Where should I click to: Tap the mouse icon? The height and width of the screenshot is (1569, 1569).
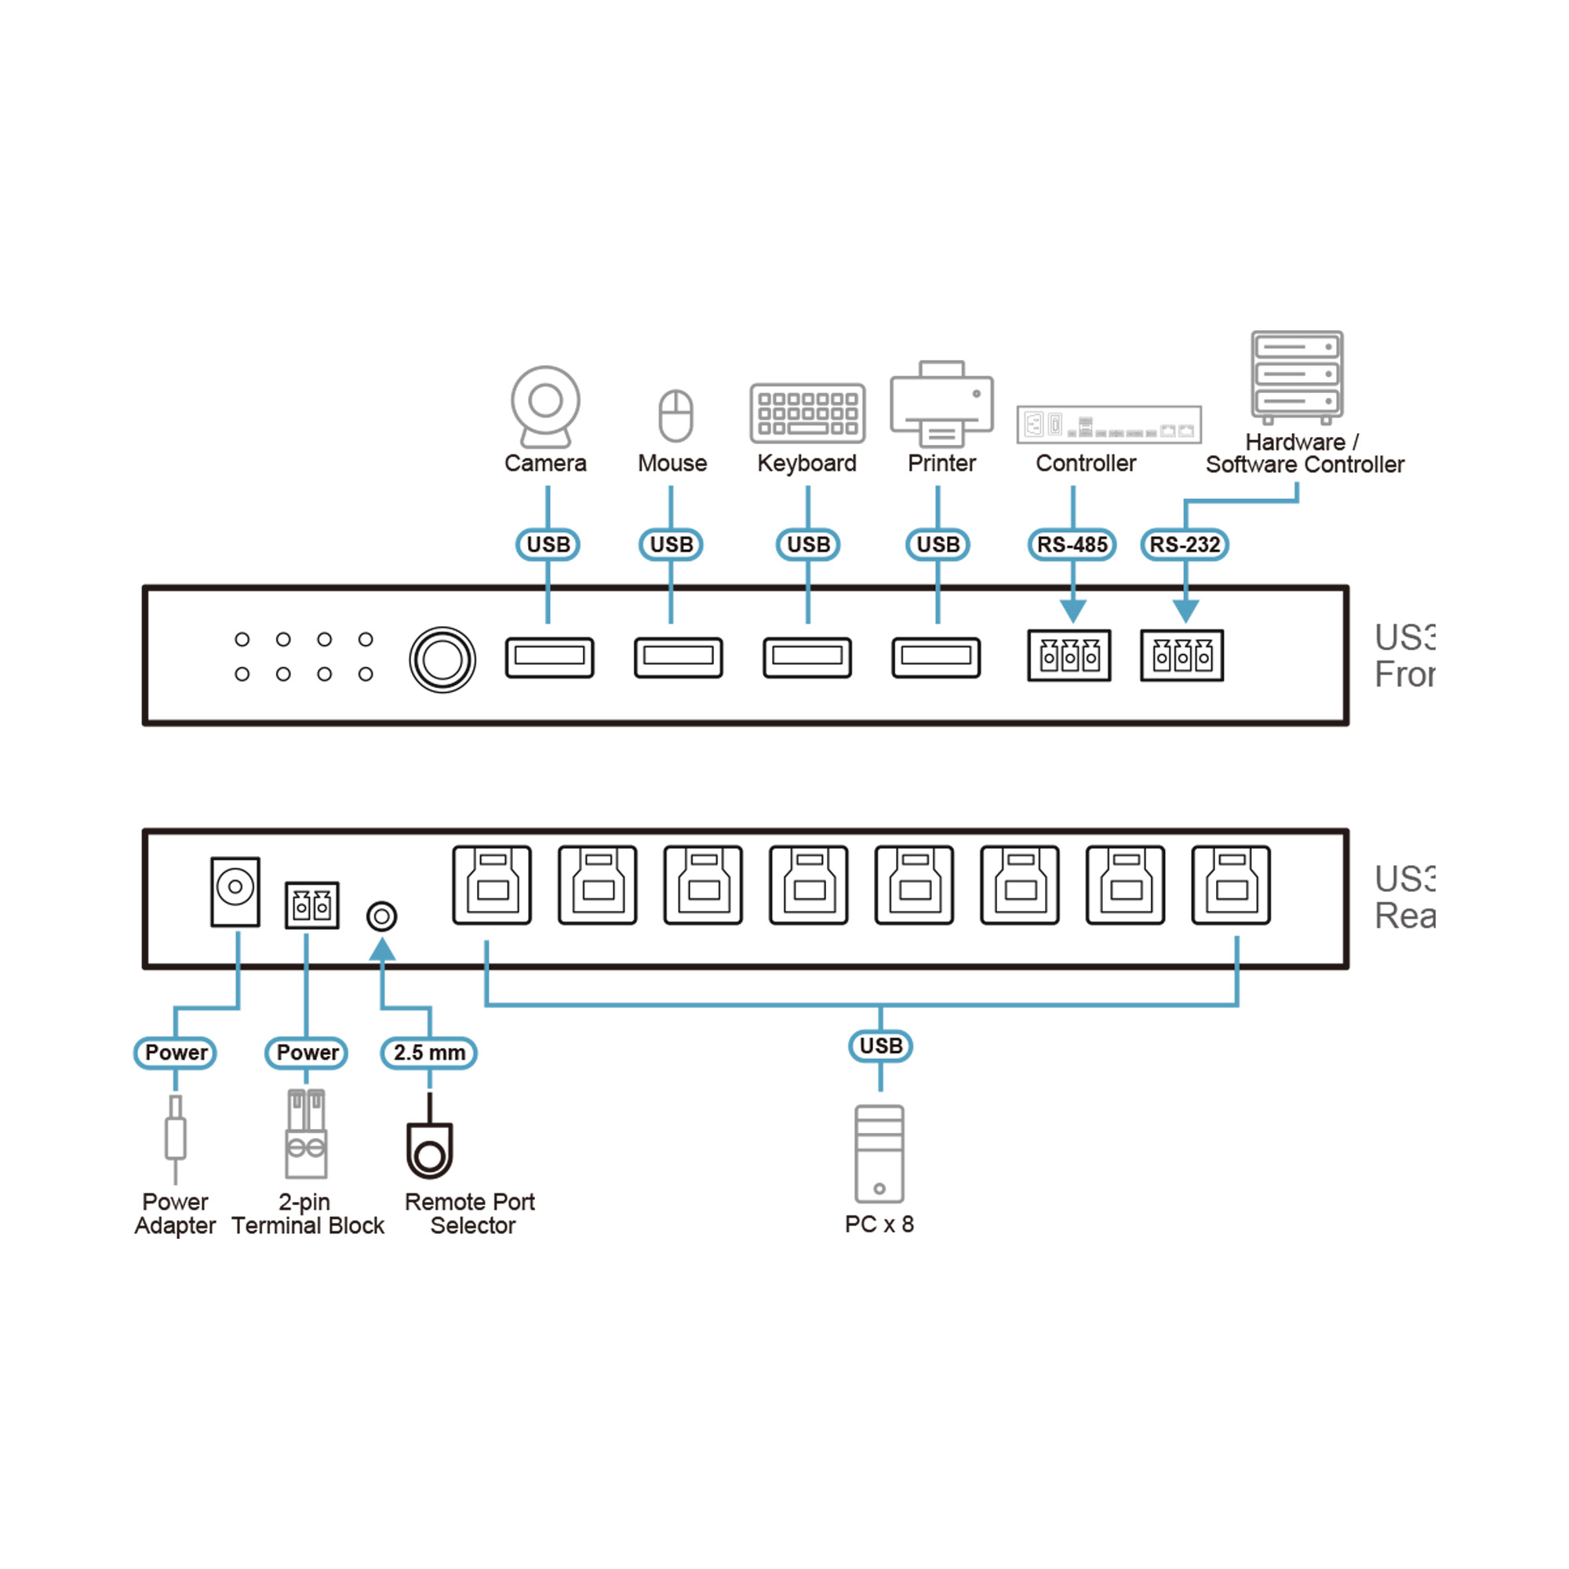(x=675, y=415)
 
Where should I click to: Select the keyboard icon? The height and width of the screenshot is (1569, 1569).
(x=806, y=413)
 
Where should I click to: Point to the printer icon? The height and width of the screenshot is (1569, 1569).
(x=941, y=403)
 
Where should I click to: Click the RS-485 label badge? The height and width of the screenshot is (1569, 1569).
(x=1072, y=544)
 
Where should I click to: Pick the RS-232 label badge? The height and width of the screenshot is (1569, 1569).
(x=1184, y=544)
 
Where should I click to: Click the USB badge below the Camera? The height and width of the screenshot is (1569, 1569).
(x=548, y=544)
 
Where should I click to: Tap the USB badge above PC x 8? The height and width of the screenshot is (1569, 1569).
(x=880, y=1046)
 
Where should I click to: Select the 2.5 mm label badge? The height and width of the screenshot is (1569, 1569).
(x=429, y=1054)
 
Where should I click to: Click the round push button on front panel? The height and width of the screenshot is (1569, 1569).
(x=442, y=660)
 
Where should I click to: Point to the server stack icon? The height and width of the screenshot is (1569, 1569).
(x=1297, y=376)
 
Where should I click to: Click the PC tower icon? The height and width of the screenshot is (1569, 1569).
(x=879, y=1154)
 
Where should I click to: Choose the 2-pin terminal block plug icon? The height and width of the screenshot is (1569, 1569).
(x=306, y=1134)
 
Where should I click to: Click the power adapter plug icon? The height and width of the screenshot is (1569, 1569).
(x=176, y=1138)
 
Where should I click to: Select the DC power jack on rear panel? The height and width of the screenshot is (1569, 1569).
(x=235, y=891)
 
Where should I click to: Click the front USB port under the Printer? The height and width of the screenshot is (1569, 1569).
(x=936, y=657)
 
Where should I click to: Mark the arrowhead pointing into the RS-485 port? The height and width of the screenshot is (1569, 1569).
(x=1072, y=610)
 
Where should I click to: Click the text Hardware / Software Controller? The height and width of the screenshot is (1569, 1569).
(x=1305, y=453)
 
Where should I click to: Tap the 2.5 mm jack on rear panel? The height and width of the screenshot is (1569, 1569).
(x=382, y=917)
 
